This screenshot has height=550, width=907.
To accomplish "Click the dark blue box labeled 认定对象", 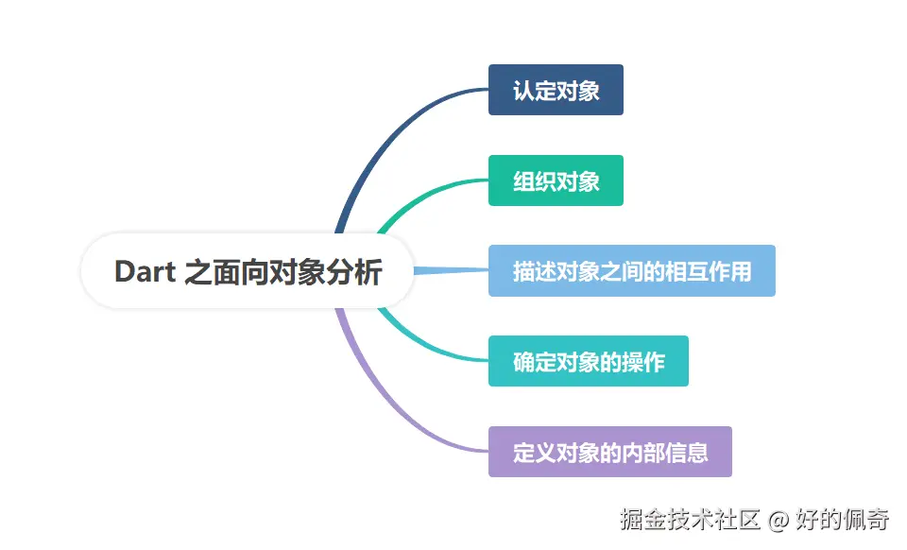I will point(556,90).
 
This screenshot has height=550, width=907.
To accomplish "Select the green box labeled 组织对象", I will point(556,180).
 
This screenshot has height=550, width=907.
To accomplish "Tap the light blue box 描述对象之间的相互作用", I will point(631,271).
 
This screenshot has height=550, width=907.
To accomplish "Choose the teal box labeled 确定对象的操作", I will point(588,361).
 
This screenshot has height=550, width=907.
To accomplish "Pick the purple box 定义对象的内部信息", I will point(609,452).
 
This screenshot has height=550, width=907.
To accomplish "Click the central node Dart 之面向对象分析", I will point(248,272).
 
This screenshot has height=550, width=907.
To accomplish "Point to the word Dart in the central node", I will point(145,272).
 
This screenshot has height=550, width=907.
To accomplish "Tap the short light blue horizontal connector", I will point(452,271).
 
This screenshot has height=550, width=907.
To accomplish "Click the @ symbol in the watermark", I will point(777,519).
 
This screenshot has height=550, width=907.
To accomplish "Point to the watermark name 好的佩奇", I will point(841,519).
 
